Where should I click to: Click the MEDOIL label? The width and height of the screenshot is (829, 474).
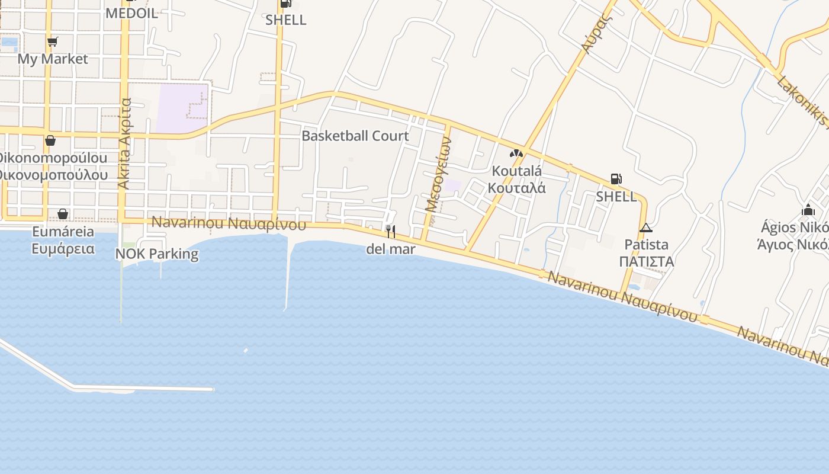[131, 13]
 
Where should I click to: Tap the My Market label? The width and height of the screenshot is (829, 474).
[52, 59]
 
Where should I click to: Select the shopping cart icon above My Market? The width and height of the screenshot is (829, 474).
[52, 41]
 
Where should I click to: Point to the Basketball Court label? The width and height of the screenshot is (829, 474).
[355, 136]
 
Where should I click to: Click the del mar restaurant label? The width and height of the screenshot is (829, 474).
[391, 249]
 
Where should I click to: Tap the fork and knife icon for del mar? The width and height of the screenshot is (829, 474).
[390, 231]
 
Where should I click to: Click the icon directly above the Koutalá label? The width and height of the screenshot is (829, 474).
[516, 153]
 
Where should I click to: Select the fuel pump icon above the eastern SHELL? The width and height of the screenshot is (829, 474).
[616, 179]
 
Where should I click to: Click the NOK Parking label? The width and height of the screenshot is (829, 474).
[157, 254]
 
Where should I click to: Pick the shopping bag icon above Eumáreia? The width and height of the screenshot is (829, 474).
[63, 214]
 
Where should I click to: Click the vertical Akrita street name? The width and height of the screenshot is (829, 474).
[124, 144]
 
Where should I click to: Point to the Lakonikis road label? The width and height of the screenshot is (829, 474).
[802, 101]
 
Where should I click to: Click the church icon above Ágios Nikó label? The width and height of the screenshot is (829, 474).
[808, 210]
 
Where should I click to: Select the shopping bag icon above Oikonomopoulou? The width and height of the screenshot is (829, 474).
[50, 141]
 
